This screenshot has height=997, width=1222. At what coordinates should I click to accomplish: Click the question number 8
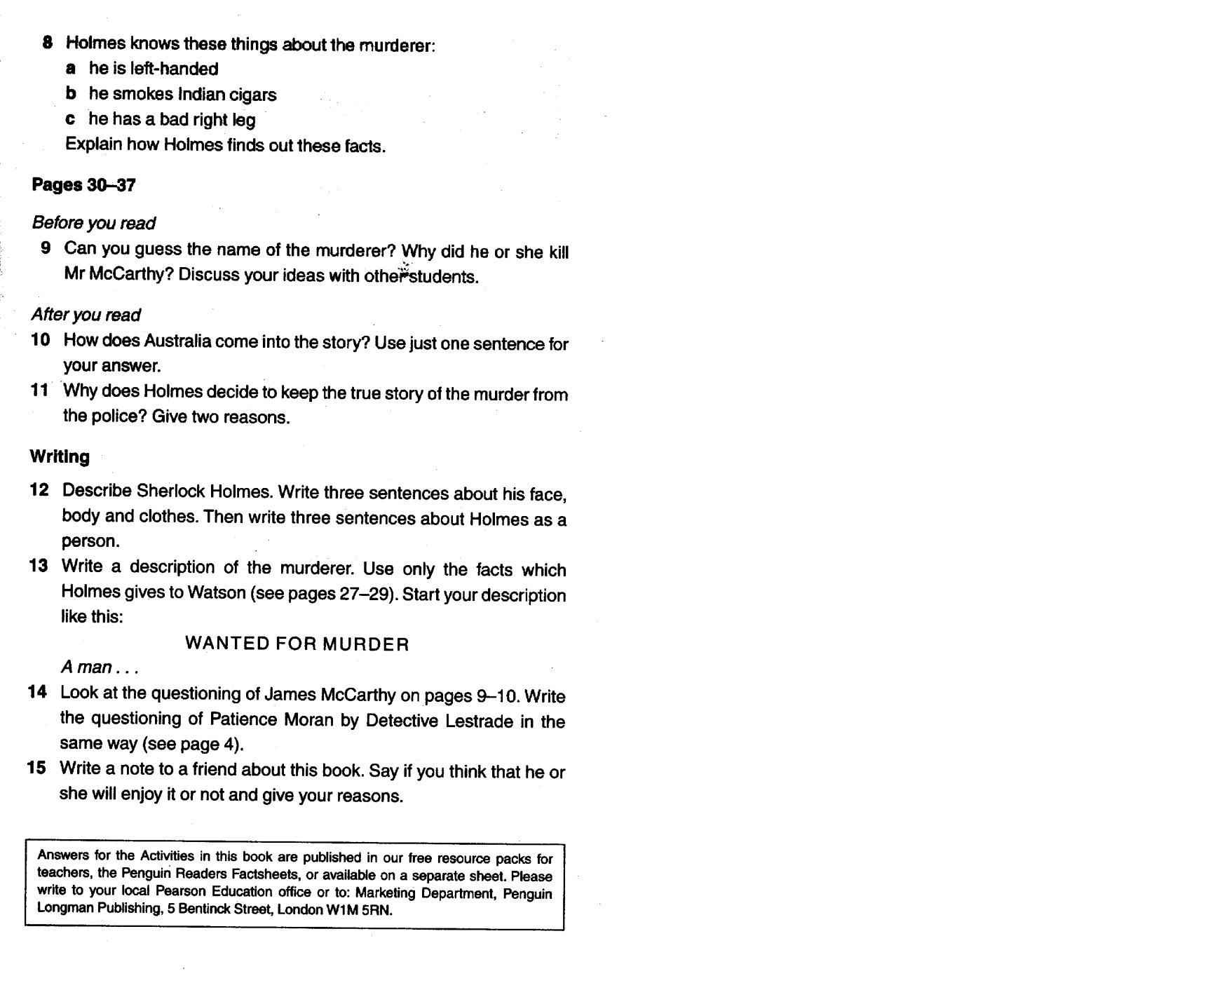point(47,42)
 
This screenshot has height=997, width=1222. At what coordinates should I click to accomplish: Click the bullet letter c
point(70,119)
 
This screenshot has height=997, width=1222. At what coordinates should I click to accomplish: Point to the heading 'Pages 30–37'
point(83,185)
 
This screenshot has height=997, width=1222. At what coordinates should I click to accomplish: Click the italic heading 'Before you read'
point(93,223)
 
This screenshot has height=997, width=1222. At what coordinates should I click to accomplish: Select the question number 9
point(46,248)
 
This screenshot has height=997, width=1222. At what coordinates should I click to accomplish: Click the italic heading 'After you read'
point(86,315)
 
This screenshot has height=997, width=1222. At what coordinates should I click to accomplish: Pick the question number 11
point(39,391)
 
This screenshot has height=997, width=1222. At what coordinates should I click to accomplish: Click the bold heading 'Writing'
point(60,456)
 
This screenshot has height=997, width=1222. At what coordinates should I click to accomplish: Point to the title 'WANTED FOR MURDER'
point(297,644)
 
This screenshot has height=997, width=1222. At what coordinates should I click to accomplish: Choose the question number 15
point(36,768)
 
